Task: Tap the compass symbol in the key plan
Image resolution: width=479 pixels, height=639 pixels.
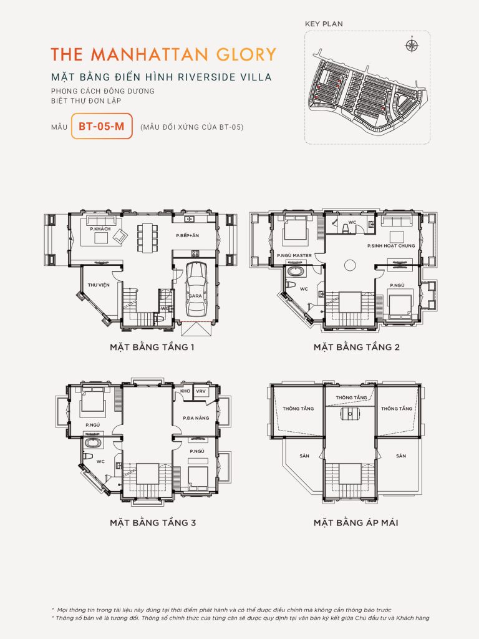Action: (x=410, y=45)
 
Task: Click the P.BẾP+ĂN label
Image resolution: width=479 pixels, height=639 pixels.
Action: (x=188, y=235)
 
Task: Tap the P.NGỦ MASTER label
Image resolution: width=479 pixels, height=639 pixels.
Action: (x=294, y=256)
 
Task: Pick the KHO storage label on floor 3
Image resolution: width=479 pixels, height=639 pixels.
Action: (x=185, y=391)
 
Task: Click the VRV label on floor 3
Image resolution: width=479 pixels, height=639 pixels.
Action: (x=201, y=391)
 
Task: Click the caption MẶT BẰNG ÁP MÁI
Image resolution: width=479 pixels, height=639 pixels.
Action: (x=356, y=522)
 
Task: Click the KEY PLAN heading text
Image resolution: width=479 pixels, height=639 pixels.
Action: (x=323, y=24)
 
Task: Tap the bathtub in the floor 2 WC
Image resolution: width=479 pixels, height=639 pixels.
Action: (x=296, y=271)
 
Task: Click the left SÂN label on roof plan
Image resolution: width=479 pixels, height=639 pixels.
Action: (x=304, y=456)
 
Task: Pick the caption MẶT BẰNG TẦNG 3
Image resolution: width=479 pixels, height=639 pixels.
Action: (x=153, y=522)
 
